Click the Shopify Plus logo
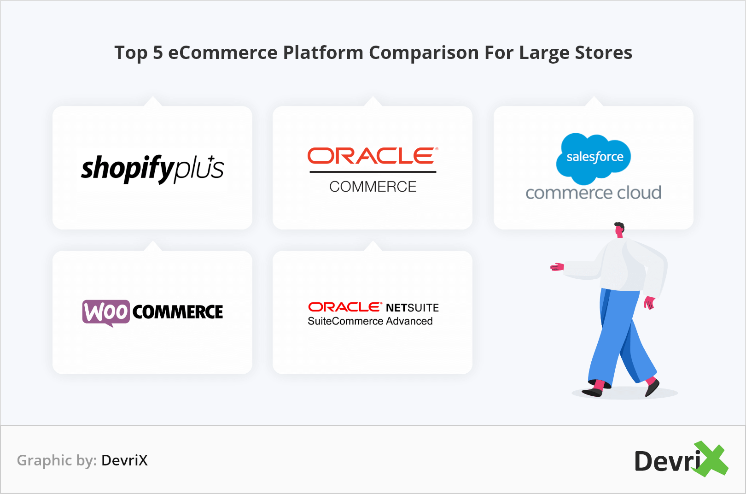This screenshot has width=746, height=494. click(152, 168)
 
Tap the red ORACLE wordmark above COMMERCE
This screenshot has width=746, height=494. click(372, 156)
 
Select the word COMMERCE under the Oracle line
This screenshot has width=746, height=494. click(373, 187)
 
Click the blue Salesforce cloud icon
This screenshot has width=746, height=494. click(594, 158)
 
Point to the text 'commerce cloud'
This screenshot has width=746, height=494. click(593, 193)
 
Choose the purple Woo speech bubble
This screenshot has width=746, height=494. click(106, 312)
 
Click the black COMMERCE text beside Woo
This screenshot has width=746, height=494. click(178, 312)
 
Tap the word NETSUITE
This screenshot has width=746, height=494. click(412, 307)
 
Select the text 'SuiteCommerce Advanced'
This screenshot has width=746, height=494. click(370, 321)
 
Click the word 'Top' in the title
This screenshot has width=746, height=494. click(131, 53)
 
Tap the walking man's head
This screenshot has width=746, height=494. click(619, 229)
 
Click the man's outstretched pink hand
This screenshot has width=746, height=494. click(557, 267)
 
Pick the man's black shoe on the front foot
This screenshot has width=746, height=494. click(593, 392)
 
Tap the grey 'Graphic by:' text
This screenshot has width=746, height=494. click(57, 460)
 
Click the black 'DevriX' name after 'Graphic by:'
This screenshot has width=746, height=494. click(124, 460)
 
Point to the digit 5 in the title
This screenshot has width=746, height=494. click(158, 53)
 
